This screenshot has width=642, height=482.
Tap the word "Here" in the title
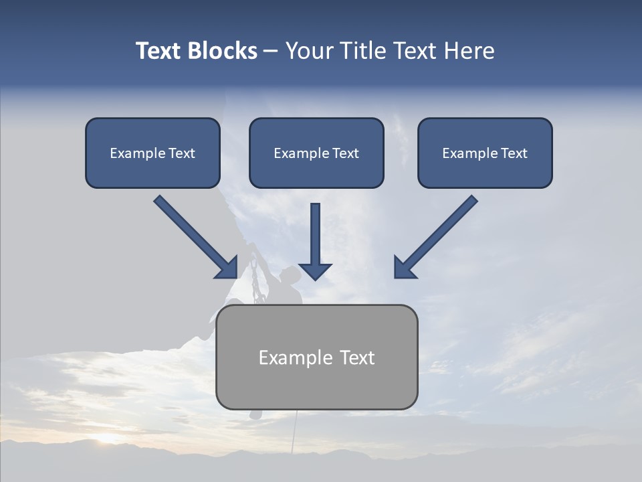tap(468, 51)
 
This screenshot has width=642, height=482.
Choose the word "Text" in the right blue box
tap(514, 153)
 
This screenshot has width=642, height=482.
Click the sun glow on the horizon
tap(107, 438)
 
